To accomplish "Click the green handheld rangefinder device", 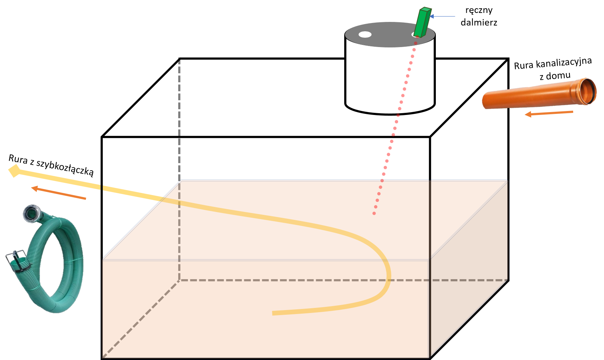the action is coord(422,22).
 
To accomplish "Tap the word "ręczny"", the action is coord(479,10).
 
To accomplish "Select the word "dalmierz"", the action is coord(479,22).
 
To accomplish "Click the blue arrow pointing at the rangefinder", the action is coord(442,17).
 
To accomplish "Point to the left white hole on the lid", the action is coord(365,34).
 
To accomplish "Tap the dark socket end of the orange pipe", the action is coord(588,91).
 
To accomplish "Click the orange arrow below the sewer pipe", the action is coord(549,113).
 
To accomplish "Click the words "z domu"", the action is coord(555,76).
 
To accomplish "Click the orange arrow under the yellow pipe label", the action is coord(59,193).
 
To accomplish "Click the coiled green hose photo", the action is coord(45,259).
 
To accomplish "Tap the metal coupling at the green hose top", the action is coord(32,213).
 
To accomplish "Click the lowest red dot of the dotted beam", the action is coord(374,213).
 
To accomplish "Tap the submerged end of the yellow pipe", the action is coord(273,313).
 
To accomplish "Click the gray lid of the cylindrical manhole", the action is coord(390,34).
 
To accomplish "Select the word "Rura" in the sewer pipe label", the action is coord(524,65).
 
